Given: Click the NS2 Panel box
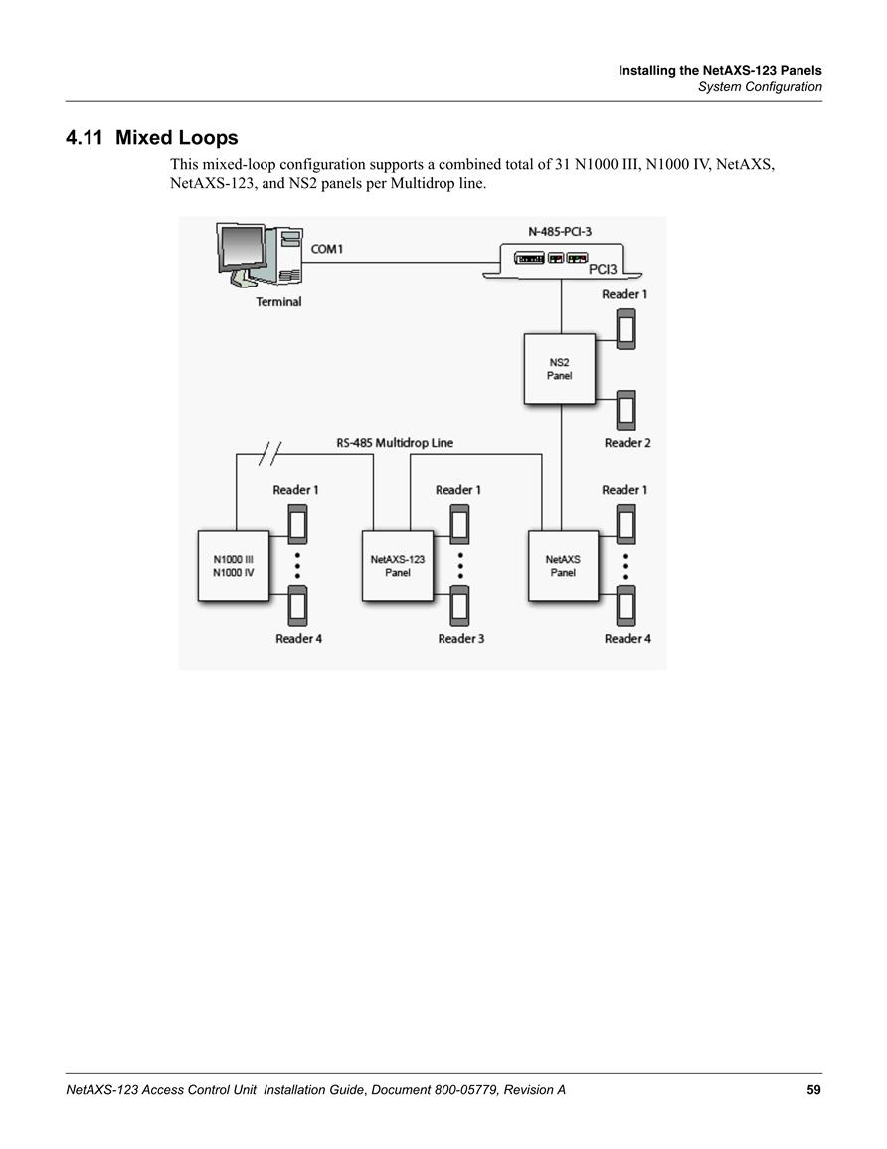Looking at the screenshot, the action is [x=560, y=369].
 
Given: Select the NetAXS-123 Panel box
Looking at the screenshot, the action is [x=398, y=566].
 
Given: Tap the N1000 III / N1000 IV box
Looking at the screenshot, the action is [x=234, y=566].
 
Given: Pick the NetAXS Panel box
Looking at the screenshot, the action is [x=563, y=566].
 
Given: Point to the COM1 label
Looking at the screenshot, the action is [x=327, y=249].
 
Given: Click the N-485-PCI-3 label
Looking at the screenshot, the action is [x=560, y=232].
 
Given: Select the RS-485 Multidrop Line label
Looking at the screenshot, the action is [x=395, y=443].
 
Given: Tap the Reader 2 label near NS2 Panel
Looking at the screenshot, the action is [x=627, y=443].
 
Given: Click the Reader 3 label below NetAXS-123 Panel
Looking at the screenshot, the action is [x=461, y=639].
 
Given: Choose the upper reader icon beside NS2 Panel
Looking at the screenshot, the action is [x=626, y=329].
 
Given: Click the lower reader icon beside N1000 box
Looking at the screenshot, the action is [x=297, y=605].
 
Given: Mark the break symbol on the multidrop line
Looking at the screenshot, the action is [x=270, y=455].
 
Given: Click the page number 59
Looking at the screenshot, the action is [x=813, y=1090].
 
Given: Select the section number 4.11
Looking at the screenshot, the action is [x=85, y=137].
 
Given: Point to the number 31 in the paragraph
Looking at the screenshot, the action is [x=563, y=164].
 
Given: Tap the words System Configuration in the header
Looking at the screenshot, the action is [x=760, y=87].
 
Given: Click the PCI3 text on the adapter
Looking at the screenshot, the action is [x=603, y=269].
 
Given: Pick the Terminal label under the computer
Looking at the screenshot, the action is [x=278, y=301].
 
